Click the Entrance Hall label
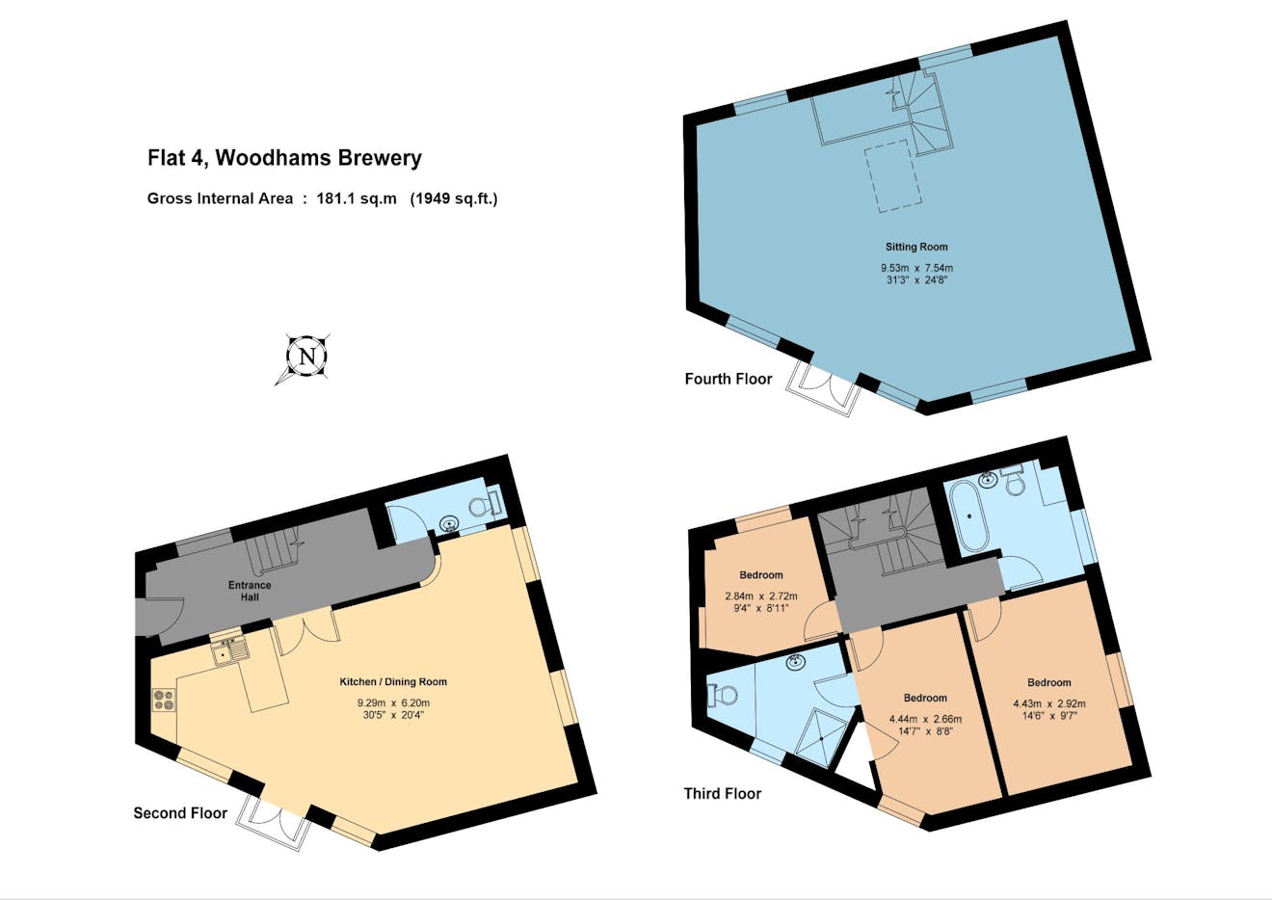[x=250, y=591]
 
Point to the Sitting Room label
[x=916, y=247]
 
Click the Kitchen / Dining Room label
[x=393, y=681]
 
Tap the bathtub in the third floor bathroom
[x=970, y=516]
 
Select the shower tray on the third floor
[x=822, y=737]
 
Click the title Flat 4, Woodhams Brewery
[x=284, y=157]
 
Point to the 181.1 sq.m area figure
[x=357, y=199]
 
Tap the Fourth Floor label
[x=728, y=379]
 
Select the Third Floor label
[x=723, y=793]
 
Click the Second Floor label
[x=180, y=812]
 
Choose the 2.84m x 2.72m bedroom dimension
[x=761, y=596]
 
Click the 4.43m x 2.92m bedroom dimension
[x=1049, y=703]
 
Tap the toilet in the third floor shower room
[x=722, y=695]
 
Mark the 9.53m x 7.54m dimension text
[x=916, y=268]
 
